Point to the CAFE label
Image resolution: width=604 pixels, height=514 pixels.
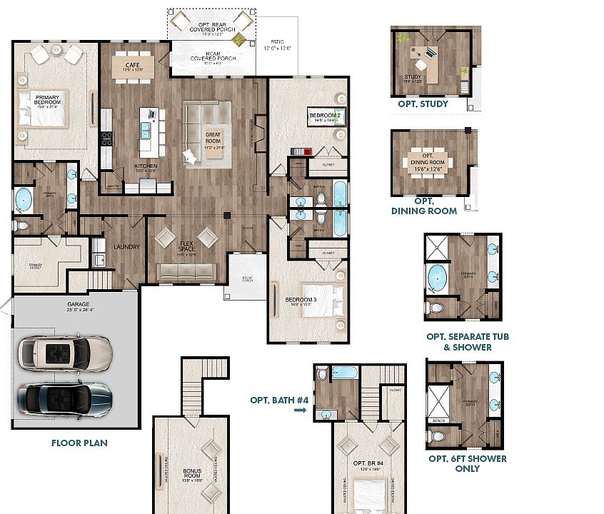(122, 66)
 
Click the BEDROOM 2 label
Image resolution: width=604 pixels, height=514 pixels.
(326, 116)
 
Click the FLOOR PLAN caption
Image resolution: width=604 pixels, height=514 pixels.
(79, 443)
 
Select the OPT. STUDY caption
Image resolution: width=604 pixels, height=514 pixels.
(423, 104)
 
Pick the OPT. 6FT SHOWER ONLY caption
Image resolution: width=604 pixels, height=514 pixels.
(458, 463)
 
